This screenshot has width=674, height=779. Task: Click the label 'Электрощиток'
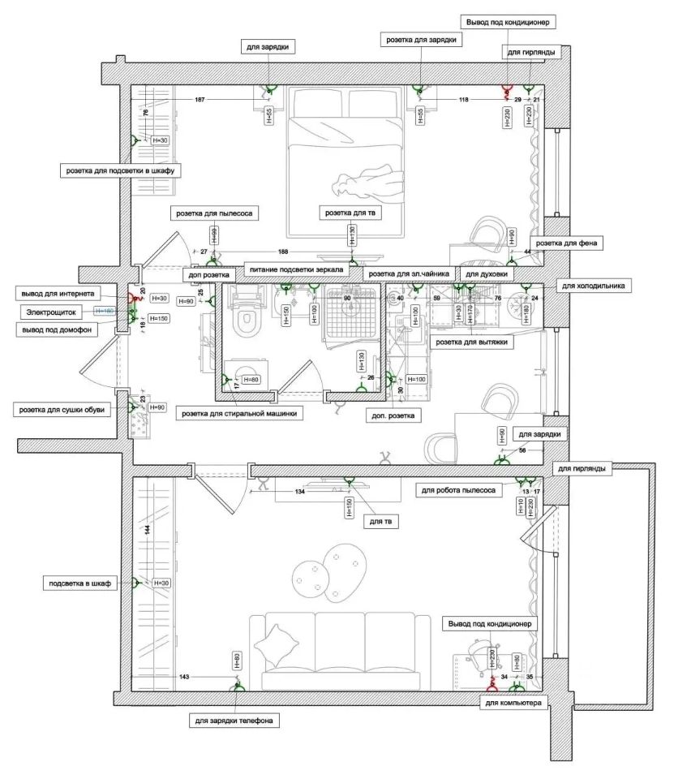pos(51,311)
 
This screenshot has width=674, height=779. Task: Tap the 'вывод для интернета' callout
pos(58,292)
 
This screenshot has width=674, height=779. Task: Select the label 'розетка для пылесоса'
pos(214,213)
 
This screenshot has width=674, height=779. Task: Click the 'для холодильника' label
pos(593,286)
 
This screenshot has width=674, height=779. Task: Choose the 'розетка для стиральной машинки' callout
pos(242,413)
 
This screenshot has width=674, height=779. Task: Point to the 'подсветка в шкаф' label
pos(79,583)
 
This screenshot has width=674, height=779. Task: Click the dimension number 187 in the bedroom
pos(200,100)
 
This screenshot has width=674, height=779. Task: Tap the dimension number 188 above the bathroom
pos(283,252)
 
